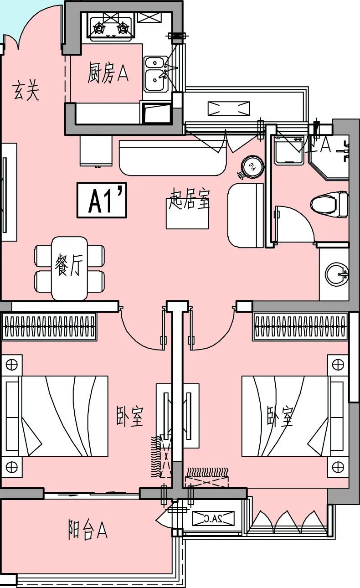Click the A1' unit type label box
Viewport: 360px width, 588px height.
pyautogui.click(x=102, y=200)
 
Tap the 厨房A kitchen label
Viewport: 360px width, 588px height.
pyautogui.click(x=108, y=73)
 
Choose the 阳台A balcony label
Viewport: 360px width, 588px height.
pyautogui.click(x=87, y=530)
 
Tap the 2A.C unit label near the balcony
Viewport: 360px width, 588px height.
pyautogui.click(x=213, y=518)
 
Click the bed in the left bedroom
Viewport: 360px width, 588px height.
pyautogui.click(x=57, y=416)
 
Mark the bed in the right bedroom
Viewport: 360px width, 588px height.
pyautogui.click(x=292, y=416)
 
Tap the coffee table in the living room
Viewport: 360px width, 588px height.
pyautogui.click(x=187, y=214)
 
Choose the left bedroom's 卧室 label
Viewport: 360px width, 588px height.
pyautogui.click(x=130, y=416)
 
